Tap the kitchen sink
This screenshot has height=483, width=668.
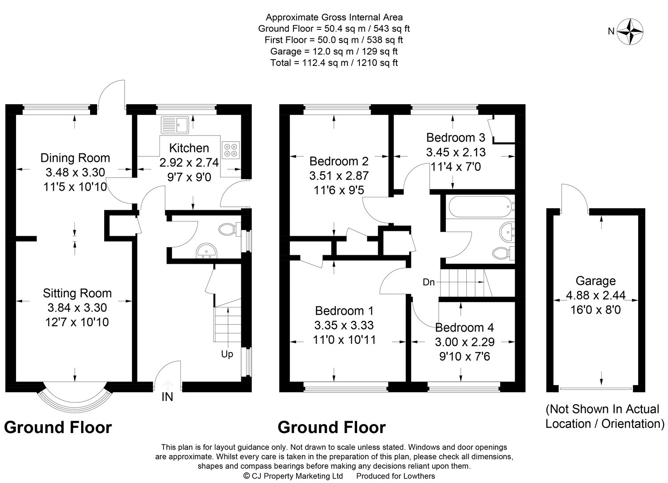175,125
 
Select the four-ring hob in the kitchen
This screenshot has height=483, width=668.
231,150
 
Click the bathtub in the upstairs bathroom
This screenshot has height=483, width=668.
481,207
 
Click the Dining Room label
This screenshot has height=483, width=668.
75,158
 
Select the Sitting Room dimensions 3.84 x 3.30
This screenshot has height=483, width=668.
77,307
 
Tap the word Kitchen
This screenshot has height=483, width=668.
189,148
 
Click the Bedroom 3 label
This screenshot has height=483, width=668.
456,138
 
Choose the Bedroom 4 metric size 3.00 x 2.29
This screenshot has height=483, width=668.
464,342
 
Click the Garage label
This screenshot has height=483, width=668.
595,281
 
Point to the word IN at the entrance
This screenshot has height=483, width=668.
167,397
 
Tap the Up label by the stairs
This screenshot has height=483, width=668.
227,354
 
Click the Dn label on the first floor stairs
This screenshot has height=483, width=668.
428,282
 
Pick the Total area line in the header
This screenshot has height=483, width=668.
334,63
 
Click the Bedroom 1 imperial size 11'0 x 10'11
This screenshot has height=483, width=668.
344,340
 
